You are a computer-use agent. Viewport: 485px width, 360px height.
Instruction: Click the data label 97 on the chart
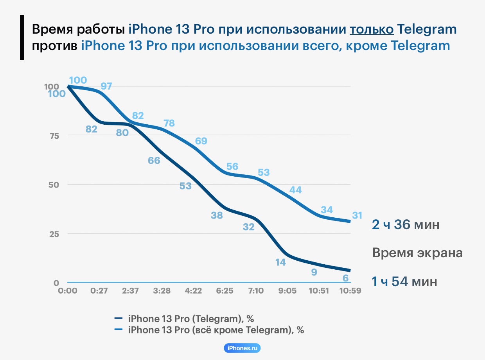point(106,86)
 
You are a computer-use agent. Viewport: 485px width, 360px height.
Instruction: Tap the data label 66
point(154,160)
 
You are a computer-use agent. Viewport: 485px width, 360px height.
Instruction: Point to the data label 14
point(280,262)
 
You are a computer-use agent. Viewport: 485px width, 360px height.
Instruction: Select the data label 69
point(201,141)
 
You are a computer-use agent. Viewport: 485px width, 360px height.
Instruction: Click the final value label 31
point(357,215)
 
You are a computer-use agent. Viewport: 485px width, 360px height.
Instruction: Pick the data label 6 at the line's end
point(345,278)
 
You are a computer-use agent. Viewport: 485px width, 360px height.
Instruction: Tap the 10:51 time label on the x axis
point(319,291)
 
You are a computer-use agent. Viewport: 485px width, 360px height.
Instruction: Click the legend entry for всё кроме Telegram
point(216,330)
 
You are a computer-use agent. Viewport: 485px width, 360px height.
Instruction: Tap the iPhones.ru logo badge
point(242,348)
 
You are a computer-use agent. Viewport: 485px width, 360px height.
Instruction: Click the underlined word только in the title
point(371,30)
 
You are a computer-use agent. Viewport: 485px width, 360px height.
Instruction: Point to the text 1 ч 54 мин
point(404,281)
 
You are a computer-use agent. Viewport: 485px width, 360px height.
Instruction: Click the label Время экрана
point(417,253)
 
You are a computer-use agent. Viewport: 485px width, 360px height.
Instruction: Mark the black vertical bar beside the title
point(22,38)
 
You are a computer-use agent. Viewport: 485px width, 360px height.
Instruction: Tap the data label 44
point(295,190)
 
